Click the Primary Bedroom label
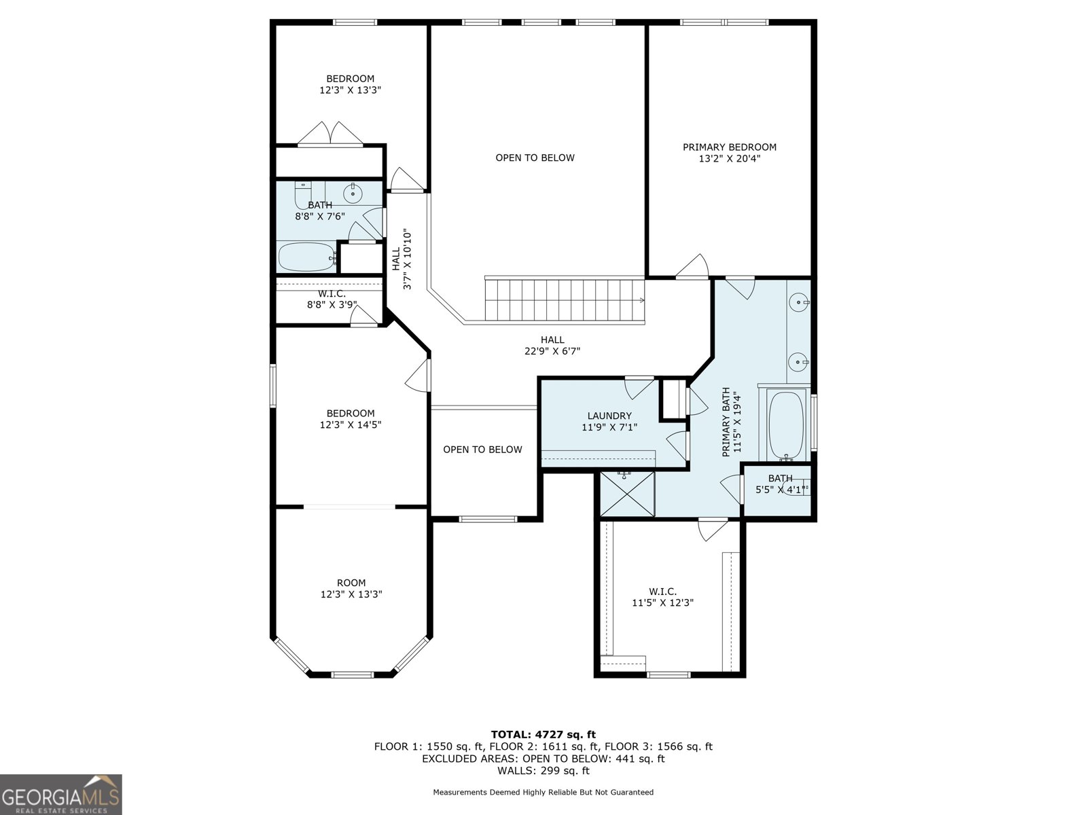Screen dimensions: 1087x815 [x=730, y=147]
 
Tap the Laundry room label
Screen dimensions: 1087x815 [x=609, y=416]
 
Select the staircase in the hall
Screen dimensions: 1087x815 [x=564, y=300]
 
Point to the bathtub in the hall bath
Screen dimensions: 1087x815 [x=306, y=257]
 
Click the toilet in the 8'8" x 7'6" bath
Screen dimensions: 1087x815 [x=302, y=195]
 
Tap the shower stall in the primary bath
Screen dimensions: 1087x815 [x=627, y=493]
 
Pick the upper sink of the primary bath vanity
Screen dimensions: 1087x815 [x=799, y=302]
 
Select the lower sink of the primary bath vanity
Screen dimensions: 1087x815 [x=799, y=362]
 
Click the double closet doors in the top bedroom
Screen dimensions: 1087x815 [x=330, y=134]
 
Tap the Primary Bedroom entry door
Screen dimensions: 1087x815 [x=692, y=267]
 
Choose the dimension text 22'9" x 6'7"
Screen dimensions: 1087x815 [x=552, y=351]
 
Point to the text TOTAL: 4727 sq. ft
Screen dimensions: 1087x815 [x=543, y=734]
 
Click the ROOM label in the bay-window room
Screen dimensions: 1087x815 [x=351, y=583]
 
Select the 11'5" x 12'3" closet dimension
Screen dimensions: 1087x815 [x=662, y=602]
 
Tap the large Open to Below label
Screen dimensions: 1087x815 [x=535, y=158]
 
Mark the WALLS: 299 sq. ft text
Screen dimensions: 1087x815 [x=543, y=770]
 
